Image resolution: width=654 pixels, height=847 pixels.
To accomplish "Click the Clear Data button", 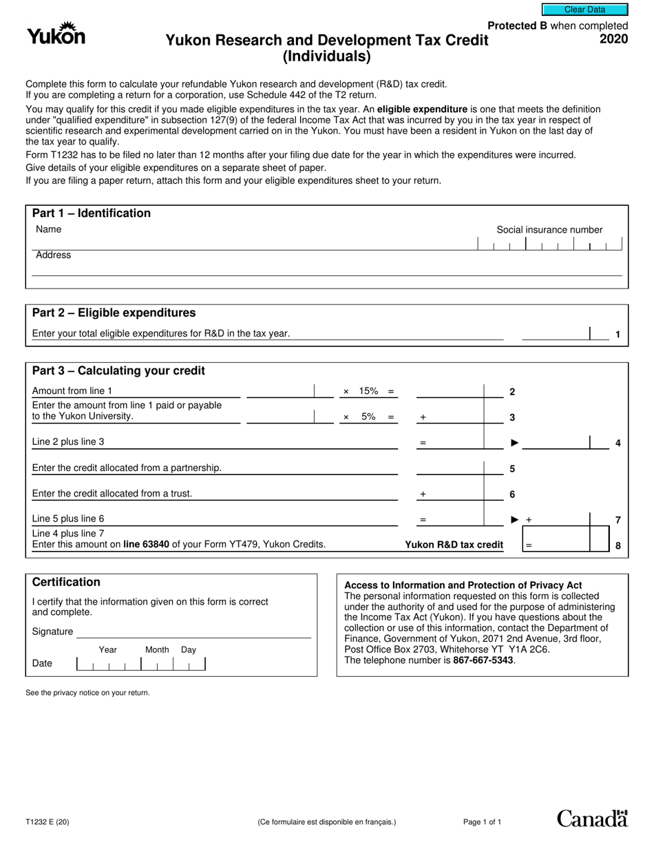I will (x=584, y=10).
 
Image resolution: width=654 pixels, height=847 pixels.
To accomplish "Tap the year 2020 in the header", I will (x=613, y=39).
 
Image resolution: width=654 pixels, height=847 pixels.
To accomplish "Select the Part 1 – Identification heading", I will (x=92, y=213).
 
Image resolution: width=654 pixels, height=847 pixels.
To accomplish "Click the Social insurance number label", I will (x=549, y=230).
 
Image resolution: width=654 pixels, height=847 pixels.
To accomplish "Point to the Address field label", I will (x=53, y=255).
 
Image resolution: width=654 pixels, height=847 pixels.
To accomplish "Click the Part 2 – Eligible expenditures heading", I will (x=114, y=313).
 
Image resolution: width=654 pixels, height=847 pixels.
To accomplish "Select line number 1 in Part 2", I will (x=618, y=335).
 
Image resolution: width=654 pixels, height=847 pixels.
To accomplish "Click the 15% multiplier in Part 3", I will (x=368, y=391).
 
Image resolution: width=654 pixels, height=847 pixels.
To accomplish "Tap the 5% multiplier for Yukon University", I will (x=368, y=417).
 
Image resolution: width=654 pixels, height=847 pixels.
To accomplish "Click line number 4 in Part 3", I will (x=618, y=443).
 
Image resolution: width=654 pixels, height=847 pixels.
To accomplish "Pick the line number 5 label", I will (x=512, y=469).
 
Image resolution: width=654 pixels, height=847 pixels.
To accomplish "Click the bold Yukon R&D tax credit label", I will (x=454, y=545).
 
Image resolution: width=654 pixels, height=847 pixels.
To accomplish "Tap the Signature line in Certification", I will (x=193, y=632).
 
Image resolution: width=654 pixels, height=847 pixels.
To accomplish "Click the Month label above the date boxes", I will (x=157, y=649).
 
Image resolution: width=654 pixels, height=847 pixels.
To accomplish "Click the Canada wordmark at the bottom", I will (x=591, y=818).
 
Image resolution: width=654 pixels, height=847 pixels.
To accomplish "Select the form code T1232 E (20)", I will (x=47, y=822).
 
